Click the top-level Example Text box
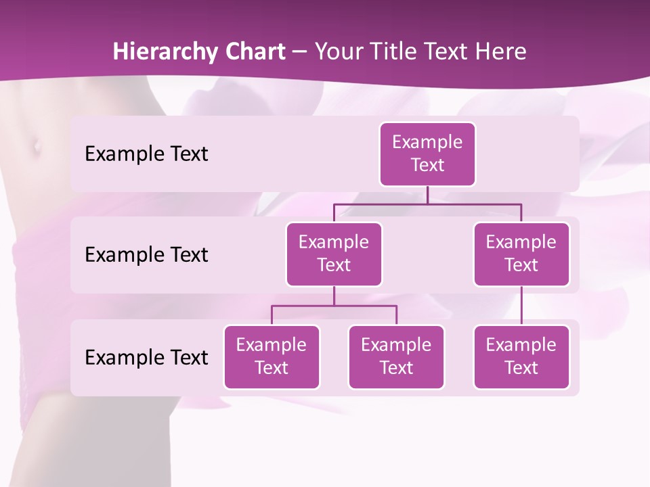(x=427, y=154)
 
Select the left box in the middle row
(x=334, y=254)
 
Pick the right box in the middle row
(x=521, y=254)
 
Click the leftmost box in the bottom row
(x=272, y=356)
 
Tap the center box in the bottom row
(x=396, y=356)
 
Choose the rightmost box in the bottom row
(x=521, y=356)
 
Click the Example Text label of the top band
(x=146, y=154)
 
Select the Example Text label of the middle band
(x=146, y=255)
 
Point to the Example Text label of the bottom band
(x=146, y=357)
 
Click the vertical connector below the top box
(x=427, y=195)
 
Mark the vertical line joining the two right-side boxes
(x=521, y=306)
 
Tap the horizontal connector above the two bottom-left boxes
(x=366, y=306)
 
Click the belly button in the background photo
(x=34, y=145)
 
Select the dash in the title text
(x=299, y=52)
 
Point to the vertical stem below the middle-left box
(x=334, y=296)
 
